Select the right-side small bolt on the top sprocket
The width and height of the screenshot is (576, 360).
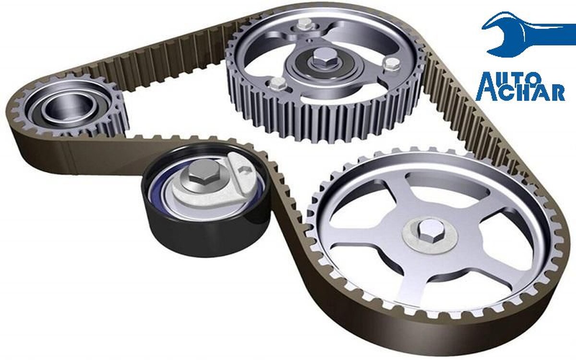(392, 64)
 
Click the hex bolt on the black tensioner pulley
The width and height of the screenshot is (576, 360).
(203, 175)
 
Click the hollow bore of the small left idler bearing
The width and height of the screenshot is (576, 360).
(69, 106)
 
